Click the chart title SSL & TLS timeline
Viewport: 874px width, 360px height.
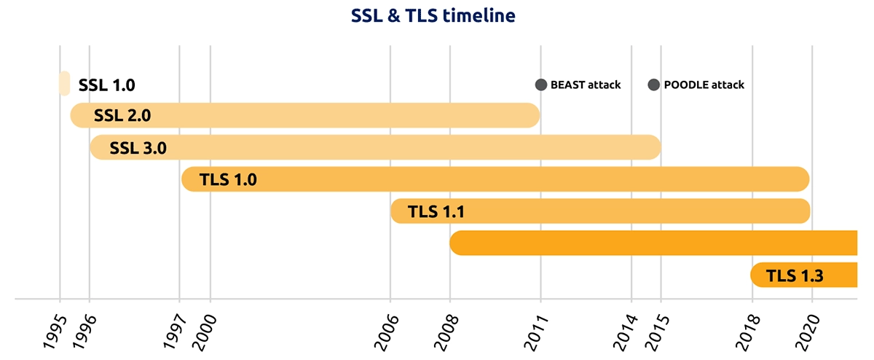click(x=433, y=15)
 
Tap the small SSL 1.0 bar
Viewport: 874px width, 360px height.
click(x=64, y=83)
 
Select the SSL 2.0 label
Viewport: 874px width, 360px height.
click(x=122, y=115)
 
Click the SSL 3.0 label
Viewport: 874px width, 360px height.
click(x=138, y=148)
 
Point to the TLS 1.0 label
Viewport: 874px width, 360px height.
click(x=228, y=179)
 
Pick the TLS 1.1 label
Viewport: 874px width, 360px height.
click(x=436, y=211)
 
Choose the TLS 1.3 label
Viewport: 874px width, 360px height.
click(x=795, y=275)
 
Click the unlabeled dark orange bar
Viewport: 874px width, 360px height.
click(x=653, y=243)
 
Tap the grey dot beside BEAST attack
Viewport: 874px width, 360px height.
click(x=540, y=85)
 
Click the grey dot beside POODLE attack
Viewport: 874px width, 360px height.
click(x=653, y=85)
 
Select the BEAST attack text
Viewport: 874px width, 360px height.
click(x=586, y=85)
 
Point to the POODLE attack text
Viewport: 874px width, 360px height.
click(x=704, y=85)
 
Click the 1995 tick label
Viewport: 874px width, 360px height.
click(x=55, y=332)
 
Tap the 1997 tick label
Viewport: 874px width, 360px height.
click(x=174, y=332)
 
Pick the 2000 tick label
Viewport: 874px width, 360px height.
click(x=205, y=332)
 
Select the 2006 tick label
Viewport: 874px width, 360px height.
click(x=386, y=332)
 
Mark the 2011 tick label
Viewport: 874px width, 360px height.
click(x=536, y=332)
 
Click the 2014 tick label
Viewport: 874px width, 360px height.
click(x=626, y=332)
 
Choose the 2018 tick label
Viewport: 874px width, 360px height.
click(x=748, y=332)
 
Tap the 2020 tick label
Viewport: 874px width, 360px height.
click(x=808, y=332)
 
